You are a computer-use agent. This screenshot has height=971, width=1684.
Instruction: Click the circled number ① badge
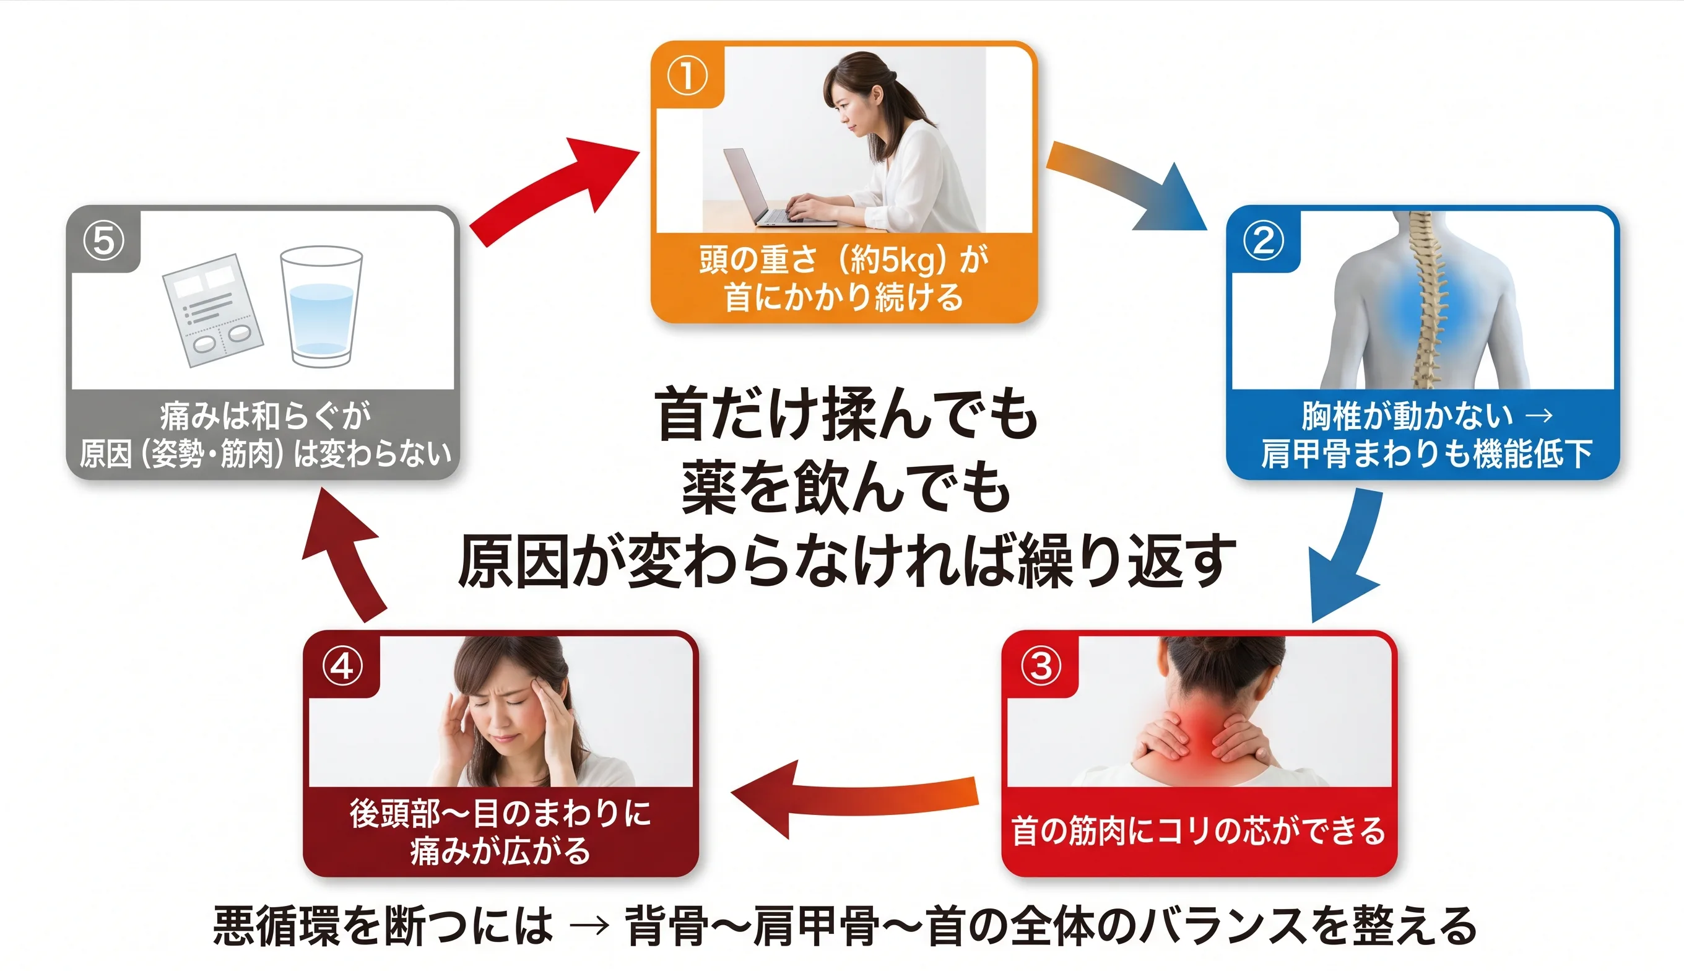click(x=687, y=76)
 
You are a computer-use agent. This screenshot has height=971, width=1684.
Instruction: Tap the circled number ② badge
click(x=1264, y=241)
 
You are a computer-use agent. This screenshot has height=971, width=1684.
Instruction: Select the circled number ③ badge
click(x=1041, y=666)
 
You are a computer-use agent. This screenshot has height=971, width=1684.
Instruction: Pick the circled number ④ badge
click(x=342, y=666)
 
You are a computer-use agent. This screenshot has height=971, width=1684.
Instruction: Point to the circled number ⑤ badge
click(x=103, y=241)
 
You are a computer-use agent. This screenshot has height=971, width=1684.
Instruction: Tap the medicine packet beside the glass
click(x=212, y=310)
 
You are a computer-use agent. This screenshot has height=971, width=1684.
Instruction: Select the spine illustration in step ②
click(x=1427, y=300)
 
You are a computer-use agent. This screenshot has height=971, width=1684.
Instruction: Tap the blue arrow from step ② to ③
click(x=1347, y=554)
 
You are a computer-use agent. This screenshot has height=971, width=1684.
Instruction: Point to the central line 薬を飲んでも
click(x=845, y=489)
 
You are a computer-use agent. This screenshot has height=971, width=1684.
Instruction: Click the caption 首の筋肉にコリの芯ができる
click(x=1198, y=831)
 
